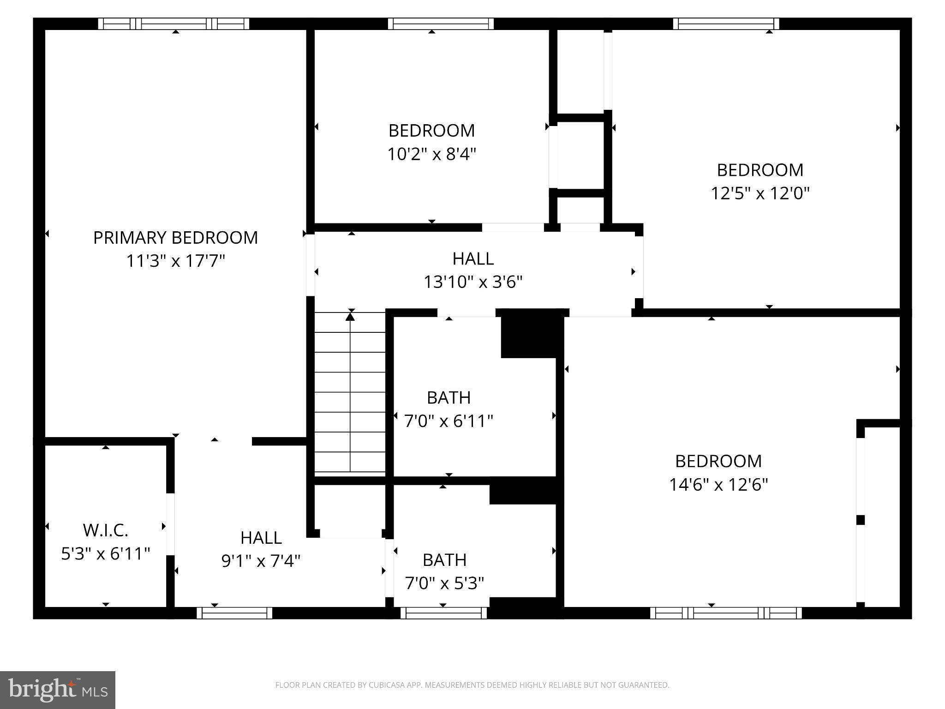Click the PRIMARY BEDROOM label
(175, 238)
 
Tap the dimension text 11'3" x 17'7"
(175, 261)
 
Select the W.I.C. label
(106, 530)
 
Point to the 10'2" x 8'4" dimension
(431, 154)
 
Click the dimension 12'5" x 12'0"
(760, 193)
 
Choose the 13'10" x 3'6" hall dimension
(473, 282)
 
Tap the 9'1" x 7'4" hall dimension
(261, 561)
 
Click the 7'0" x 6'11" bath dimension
(449, 421)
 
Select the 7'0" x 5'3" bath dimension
(444, 584)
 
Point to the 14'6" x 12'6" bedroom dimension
(718, 485)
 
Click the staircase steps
(350, 402)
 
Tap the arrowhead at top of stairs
(350, 317)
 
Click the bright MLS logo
(58, 690)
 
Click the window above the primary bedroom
(173, 24)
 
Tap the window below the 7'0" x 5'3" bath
(443, 613)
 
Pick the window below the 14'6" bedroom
(726, 613)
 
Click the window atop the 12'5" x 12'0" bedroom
(726, 24)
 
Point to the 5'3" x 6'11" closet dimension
(106, 554)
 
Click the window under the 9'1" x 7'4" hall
(234, 613)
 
